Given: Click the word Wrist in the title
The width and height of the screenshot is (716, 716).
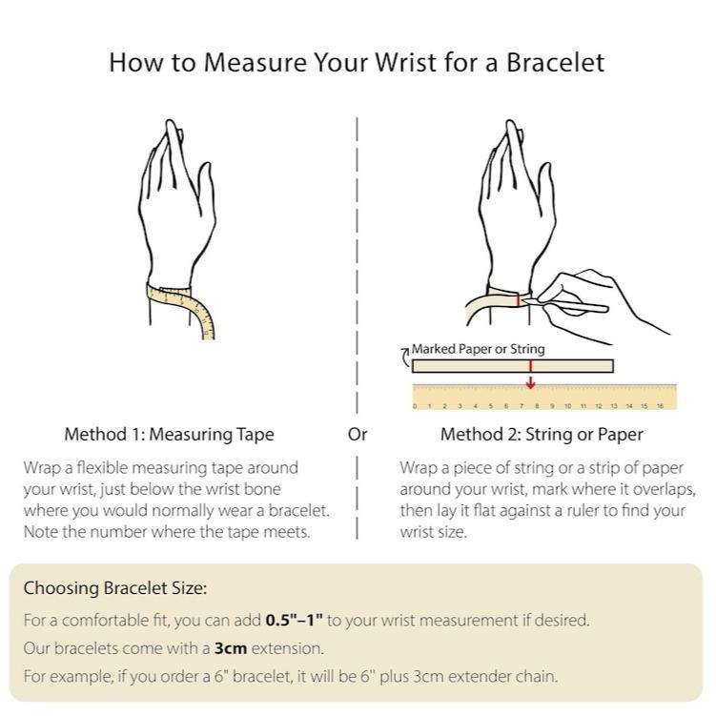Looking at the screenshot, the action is (405, 62).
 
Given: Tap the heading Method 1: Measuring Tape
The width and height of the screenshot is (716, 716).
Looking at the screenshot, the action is (169, 434).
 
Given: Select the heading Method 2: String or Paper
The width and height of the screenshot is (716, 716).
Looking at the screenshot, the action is (542, 434).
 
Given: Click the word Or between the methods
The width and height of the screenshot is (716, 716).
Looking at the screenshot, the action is (358, 434).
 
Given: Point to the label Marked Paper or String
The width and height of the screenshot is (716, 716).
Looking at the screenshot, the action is (478, 349).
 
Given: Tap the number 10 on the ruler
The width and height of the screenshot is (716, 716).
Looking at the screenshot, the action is (567, 406).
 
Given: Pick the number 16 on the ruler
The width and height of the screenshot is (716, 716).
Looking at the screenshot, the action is (660, 406).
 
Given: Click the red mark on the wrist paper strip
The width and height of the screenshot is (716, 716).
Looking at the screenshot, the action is (519, 300).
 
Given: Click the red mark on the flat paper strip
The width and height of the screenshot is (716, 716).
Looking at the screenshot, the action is (531, 366).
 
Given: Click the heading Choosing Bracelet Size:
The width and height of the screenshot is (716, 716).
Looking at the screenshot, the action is (115, 588).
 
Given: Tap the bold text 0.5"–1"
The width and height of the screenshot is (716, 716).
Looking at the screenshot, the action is (294, 620).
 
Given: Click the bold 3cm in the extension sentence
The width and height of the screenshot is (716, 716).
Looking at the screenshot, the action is (231, 648).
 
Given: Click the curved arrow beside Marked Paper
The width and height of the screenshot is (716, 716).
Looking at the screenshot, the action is (404, 358).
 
